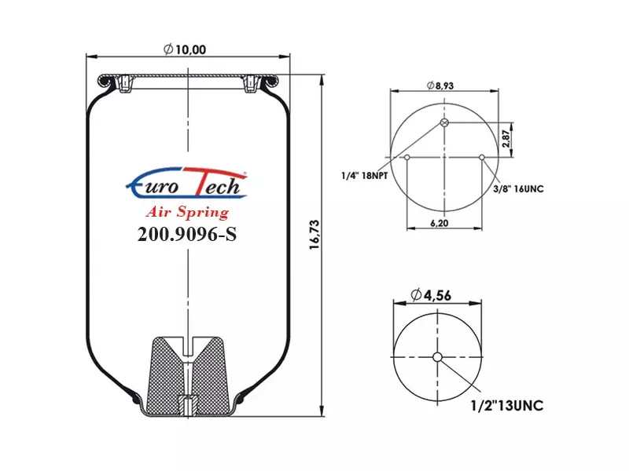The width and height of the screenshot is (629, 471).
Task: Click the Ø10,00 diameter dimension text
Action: point(185,49)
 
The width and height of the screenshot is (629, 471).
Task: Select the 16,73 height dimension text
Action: point(314,235)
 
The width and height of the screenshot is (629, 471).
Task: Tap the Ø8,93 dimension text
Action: point(440,86)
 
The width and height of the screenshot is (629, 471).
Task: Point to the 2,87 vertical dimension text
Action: point(506,139)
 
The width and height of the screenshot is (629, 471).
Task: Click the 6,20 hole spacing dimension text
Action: point(440,223)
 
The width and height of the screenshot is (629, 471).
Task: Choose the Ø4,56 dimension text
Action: point(431,295)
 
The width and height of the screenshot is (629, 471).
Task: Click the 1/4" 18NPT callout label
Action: point(364,175)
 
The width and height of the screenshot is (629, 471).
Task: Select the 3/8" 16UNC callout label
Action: point(518,188)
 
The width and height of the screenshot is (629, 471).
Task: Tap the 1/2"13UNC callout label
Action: point(507,405)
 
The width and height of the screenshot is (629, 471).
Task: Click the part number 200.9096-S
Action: point(187,234)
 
